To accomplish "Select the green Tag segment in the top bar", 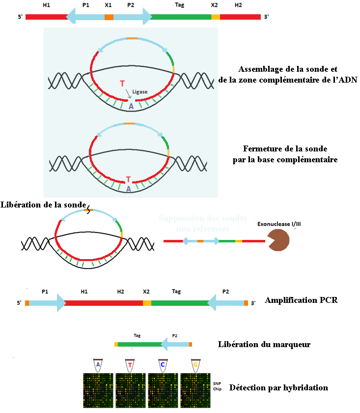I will [181, 17].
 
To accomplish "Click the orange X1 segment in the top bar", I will [109, 17].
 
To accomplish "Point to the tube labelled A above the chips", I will [98, 365].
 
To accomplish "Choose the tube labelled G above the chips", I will [195, 365].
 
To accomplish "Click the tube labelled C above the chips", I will [163, 365].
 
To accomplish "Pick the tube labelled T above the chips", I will [130, 365].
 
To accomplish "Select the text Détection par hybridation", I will [278, 387].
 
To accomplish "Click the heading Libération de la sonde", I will [44, 205].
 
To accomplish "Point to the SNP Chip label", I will [218, 385].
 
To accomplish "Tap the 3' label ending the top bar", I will [266, 17].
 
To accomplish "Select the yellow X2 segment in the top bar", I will [216, 17].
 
